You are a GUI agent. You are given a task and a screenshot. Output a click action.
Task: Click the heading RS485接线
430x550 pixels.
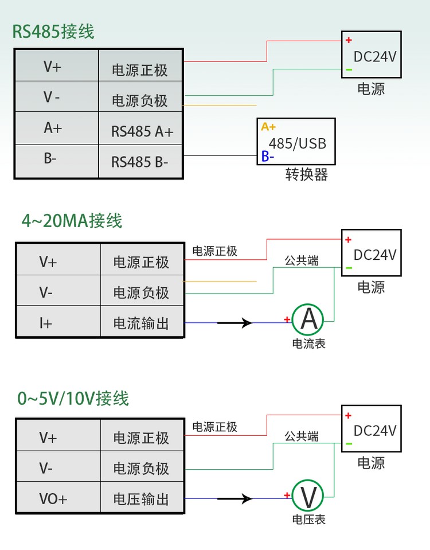pyautogui.click(x=53, y=32)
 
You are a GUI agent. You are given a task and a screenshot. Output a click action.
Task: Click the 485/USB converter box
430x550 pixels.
pyautogui.click(x=297, y=142)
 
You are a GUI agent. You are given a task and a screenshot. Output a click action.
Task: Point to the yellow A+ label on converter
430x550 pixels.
pyautogui.click(x=268, y=127)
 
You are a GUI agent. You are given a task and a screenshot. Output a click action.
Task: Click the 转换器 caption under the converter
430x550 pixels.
pyautogui.click(x=307, y=175)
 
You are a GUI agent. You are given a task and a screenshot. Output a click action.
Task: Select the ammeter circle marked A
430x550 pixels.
pyautogui.click(x=308, y=319)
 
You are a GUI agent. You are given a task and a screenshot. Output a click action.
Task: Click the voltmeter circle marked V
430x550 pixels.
pyautogui.click(x=308, y=496)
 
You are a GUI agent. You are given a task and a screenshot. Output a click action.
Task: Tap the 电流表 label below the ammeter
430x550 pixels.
pyautogui.click(x=309, y=344)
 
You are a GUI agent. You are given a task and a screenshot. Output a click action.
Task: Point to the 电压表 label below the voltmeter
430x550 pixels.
pyautogui.click(x=309, y=520)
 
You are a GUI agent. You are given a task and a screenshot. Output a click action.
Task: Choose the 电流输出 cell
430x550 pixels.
pyautogui.click(x=141, y=323)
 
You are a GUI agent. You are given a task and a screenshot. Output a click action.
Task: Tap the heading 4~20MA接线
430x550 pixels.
pyautogui.click(x=72, y=221)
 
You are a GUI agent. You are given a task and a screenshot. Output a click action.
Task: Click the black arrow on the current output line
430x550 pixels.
pyautogui.click(x=236, y=323)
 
